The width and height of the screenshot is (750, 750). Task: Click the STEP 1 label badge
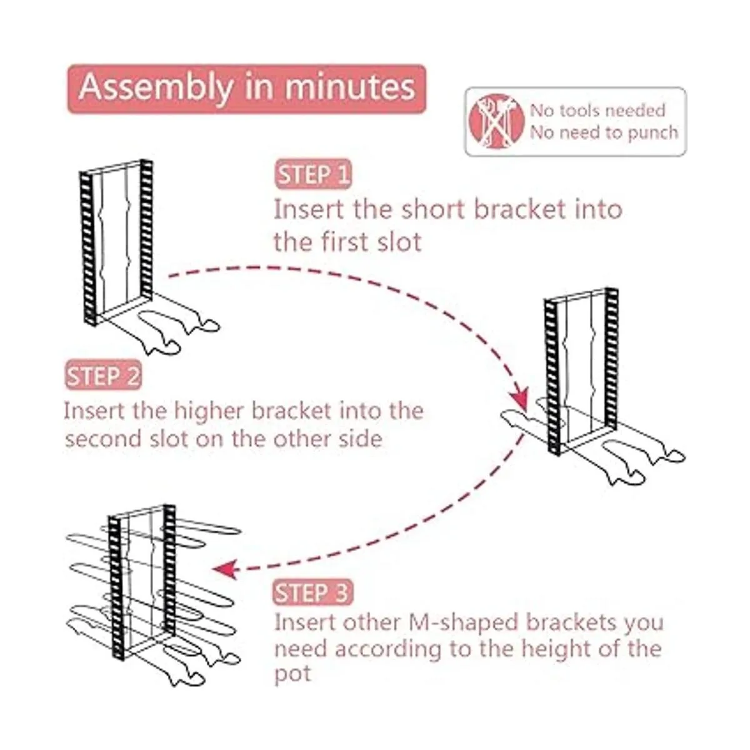313,174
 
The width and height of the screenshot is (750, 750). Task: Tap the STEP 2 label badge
103,376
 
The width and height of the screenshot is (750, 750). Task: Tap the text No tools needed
597,111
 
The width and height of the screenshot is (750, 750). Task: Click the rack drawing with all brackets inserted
154,595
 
